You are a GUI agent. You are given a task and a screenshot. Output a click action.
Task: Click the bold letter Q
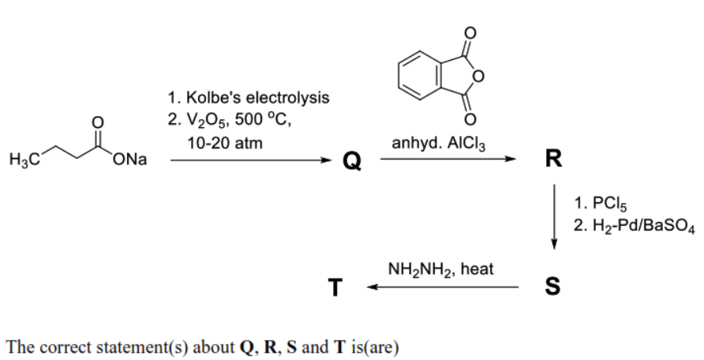click(x=352, y=160)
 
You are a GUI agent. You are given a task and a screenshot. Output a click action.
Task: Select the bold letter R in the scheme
click(x=553, y=158)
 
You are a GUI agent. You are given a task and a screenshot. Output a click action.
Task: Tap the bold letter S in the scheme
click(x=552, y=286)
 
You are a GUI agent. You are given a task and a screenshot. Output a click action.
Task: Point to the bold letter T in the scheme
click(x=335, y=287)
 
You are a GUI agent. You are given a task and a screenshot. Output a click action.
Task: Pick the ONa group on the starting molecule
click(x=130, y=159)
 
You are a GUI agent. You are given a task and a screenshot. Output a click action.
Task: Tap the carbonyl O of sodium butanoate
click(x=97, y=122)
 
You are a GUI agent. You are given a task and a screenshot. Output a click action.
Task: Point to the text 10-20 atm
click(x=224, y=143)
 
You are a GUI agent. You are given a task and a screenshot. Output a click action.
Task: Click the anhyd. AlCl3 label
click(x=438, y=144)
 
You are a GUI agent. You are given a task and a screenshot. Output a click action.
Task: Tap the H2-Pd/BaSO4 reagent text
click(x=644, y=226)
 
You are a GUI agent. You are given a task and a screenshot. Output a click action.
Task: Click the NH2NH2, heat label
click(x=440, y=270)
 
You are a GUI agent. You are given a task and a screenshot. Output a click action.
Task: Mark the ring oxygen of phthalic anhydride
click(x=478, y=77)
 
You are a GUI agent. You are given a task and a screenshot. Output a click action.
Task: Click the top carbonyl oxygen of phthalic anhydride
click(x=470, y=33)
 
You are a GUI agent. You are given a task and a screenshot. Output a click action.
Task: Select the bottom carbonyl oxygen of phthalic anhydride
click(x=470, y=119)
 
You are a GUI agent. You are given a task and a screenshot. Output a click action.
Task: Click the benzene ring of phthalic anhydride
click(x=399, y=76)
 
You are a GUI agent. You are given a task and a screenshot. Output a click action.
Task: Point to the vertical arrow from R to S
click(x=554, y=216)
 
